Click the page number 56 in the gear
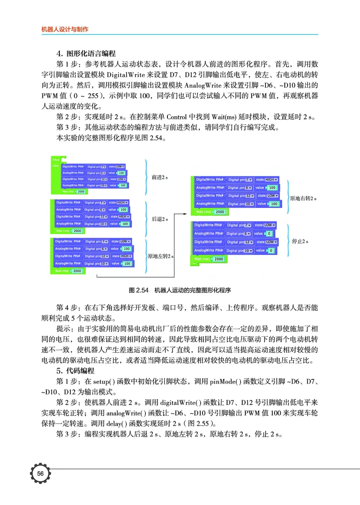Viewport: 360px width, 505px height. (40, 473)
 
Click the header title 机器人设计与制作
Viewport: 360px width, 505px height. (64, 29)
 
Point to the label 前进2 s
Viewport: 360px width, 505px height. (160, 178)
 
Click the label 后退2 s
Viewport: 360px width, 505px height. (160, 219)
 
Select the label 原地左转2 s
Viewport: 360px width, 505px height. (161, 256)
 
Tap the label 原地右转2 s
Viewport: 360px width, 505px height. (303, 198)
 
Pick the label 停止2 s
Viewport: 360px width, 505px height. (300, 241)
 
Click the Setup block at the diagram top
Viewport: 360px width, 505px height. (56, 159)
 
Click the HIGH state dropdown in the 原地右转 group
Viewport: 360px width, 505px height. (272, 180)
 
